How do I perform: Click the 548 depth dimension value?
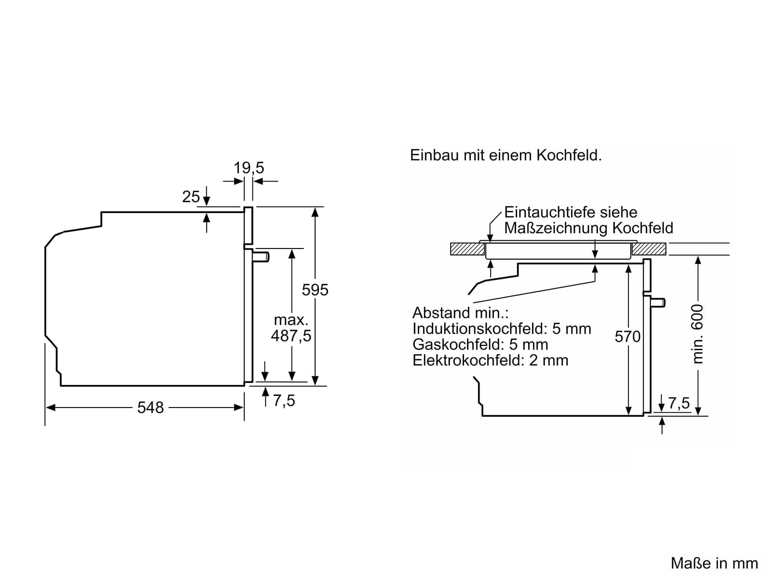(150, 407)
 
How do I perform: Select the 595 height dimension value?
(315, 289)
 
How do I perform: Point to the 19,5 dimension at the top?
(249, 168)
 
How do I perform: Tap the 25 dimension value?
(191, 197)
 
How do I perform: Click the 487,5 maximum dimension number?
(291, 336)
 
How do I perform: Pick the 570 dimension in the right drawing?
(627, 336)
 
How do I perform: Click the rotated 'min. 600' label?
(698, 333)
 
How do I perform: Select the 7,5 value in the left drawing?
(284, 400)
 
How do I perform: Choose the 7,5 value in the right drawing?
(679, 403)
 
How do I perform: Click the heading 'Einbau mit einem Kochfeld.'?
(505, 155)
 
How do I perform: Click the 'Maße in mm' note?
(714, 563)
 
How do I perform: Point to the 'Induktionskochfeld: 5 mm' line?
(502, 328)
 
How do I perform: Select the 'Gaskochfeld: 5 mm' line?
(480, 344)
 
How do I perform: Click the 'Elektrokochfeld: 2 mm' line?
(490, 360)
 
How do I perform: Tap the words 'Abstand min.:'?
(460, 313)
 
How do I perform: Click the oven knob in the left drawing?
(261, 257)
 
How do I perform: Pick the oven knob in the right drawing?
(658, 302)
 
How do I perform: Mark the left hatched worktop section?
(467, 249)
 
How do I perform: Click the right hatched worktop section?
(649, 249)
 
